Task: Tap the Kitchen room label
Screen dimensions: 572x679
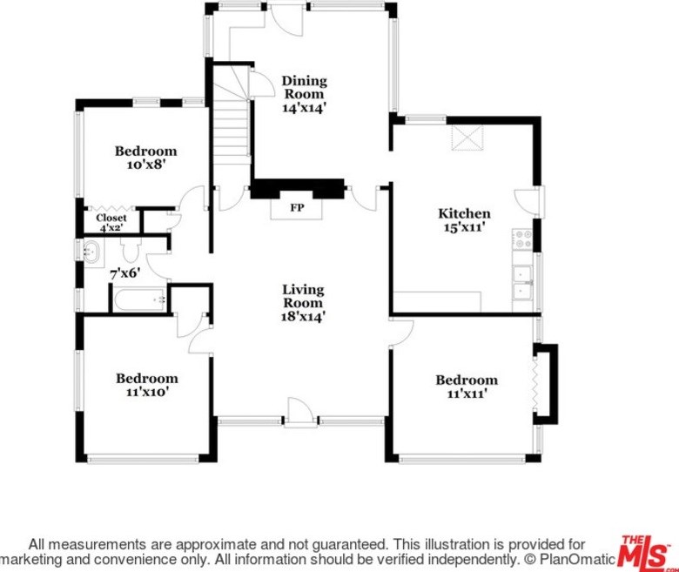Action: (x=464, y=213)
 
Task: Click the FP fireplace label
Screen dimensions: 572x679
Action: (x=297, y=209)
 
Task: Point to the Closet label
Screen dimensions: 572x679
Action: (x=111, y=218)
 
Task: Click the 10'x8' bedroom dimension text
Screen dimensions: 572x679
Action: (x=145, y=163)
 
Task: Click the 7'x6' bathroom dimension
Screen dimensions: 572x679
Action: (x=124, y=273)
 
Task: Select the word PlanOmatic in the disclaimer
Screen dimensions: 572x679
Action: (x=579, y=558)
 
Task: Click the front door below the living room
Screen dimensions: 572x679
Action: (x=298, y=413)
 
